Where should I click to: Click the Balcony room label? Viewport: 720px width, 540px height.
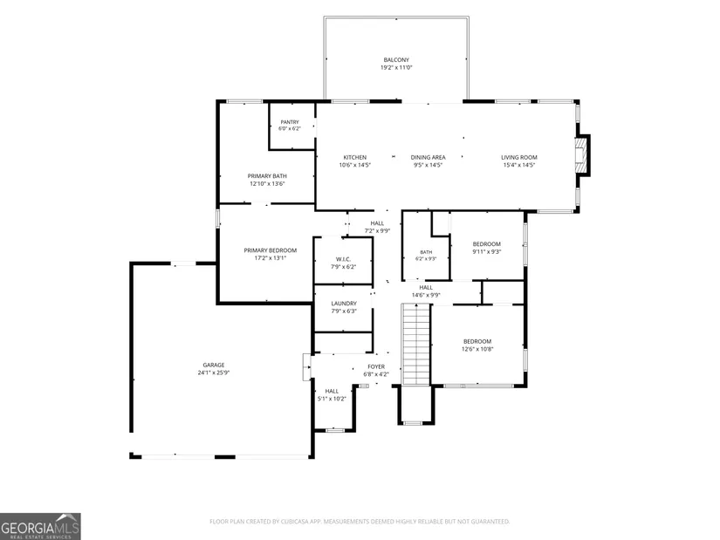pyautogui.click(x=396, y=59)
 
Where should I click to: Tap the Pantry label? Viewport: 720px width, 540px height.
pyautogui.click(x=290, y=122)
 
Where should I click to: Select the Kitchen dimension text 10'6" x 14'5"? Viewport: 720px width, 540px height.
pyautogui.click(x=355, y=165)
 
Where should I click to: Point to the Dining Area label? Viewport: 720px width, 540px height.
pyautogui.click(x=428, y=157)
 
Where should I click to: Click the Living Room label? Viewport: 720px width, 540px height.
pyautogui.click(x=519, y=157)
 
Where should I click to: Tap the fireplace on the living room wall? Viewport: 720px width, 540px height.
pyautogui.click(x=582, y=155)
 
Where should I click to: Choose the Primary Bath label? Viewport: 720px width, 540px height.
pyautogui.click(x=267, y=176)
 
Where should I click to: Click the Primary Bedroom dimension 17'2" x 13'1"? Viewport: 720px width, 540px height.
pyautogui.click(x=271, y=258)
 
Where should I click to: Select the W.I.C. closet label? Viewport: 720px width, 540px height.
pyautogui.click(x=344, y=259)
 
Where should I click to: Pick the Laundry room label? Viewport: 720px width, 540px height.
pyautogui.click(x=344, y=304)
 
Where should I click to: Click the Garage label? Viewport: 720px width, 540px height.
pyautogui.click(x=214, y=365)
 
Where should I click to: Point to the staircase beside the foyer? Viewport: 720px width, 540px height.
pyautogui.click(x=416, y=344)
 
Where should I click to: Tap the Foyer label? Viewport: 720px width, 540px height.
pyautogui.click(x=376, y=366)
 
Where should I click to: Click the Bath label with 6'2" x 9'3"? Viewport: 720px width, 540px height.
pyautogui.click(x=426, y=252)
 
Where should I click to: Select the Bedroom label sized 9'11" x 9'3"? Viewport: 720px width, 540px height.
pyautogui.click(x=487, y=243)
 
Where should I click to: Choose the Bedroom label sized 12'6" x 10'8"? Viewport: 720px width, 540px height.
pyautogui.click(x=477, y=341)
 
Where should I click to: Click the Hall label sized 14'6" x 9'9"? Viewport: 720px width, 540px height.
pyautogui.click(x=426, y=288)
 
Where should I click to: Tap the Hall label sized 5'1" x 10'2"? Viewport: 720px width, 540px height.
pyautogui.click(x=332, y=391)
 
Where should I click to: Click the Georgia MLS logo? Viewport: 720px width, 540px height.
pyautogui.click(x=40, y=527)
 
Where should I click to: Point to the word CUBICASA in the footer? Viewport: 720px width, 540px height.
pyautogui.click(x=298, y=522)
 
